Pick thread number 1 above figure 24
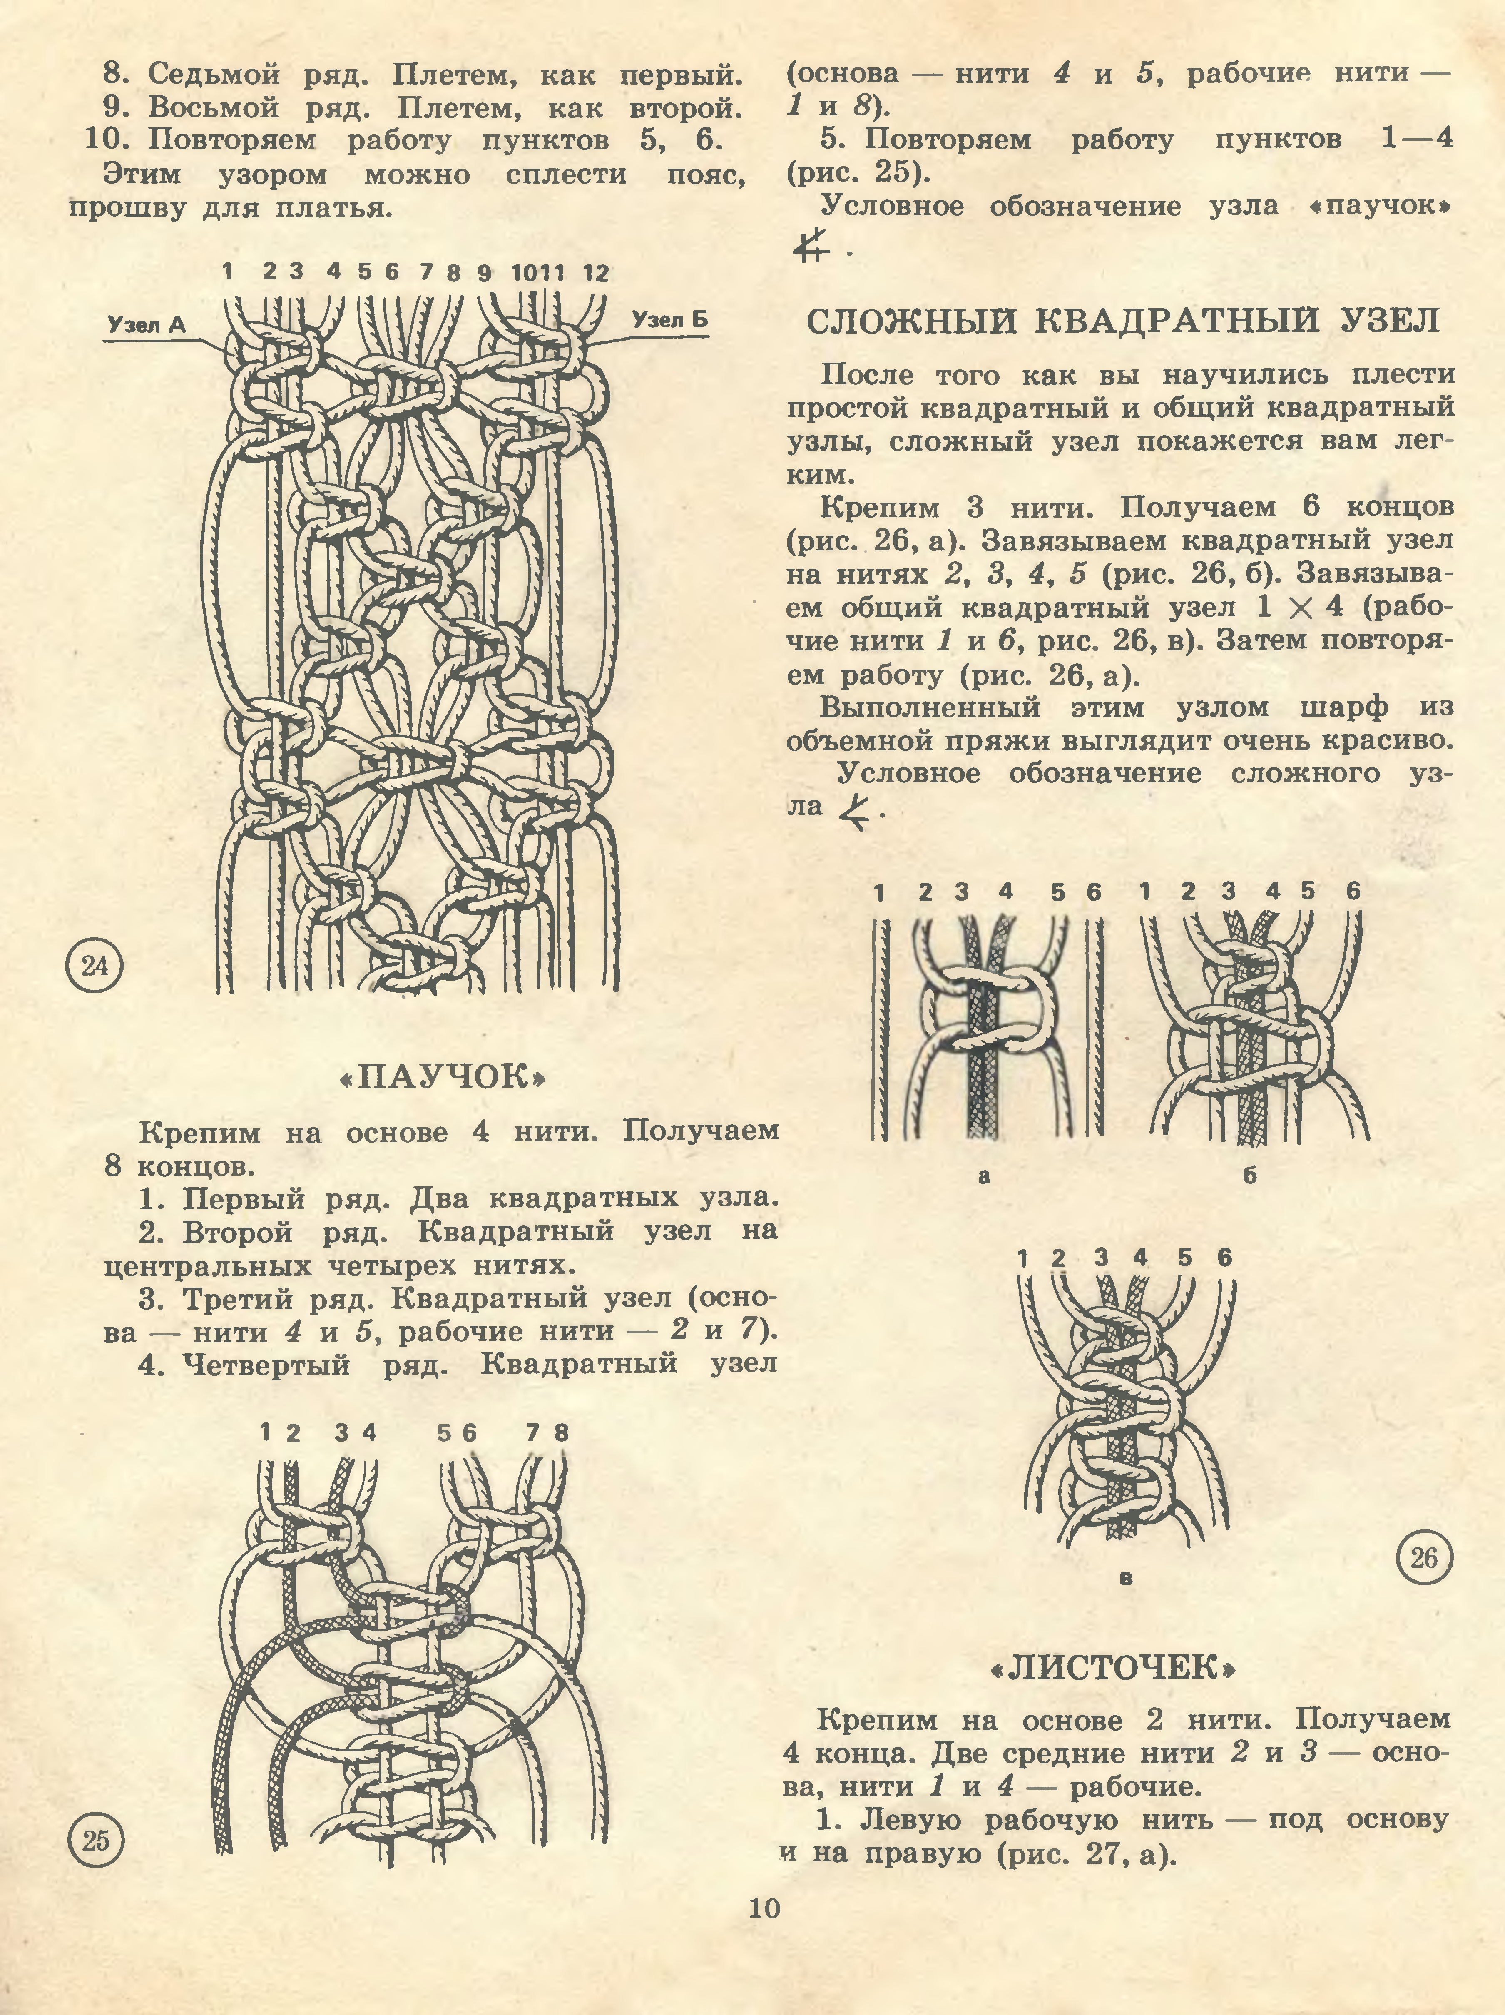(227, 271)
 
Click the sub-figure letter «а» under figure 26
(983, 1176)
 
